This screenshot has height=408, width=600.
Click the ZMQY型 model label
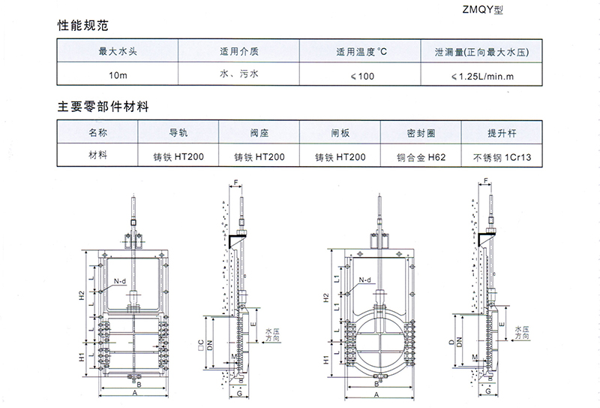click(482, 10)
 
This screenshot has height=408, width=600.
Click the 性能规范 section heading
click(83, 26)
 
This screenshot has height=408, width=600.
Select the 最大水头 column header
click(118, 51)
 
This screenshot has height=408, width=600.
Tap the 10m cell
click(118, 75)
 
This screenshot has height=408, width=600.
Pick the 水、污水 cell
click(239, 74)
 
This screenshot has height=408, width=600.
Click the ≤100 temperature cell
click(362, 76)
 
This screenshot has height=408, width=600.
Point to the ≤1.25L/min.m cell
click(482, 77)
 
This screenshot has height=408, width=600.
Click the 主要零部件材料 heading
click(103, 107)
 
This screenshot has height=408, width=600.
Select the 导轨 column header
click(178, 133)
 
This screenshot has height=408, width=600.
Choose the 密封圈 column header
click(421, 133)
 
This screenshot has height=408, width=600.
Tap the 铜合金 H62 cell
click(421, 157)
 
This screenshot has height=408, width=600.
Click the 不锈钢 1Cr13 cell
click(502, 157)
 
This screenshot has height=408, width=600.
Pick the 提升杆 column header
click(502, 133)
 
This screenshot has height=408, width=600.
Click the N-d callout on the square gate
click(120, 281)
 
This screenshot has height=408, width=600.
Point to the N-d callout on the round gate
click(365, 280)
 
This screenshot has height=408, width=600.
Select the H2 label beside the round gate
click(326, 298)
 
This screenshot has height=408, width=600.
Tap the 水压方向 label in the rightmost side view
click(522, 332)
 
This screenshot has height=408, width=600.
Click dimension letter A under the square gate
click(135, 393)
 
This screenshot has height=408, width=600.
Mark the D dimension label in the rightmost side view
click(451, 342)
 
